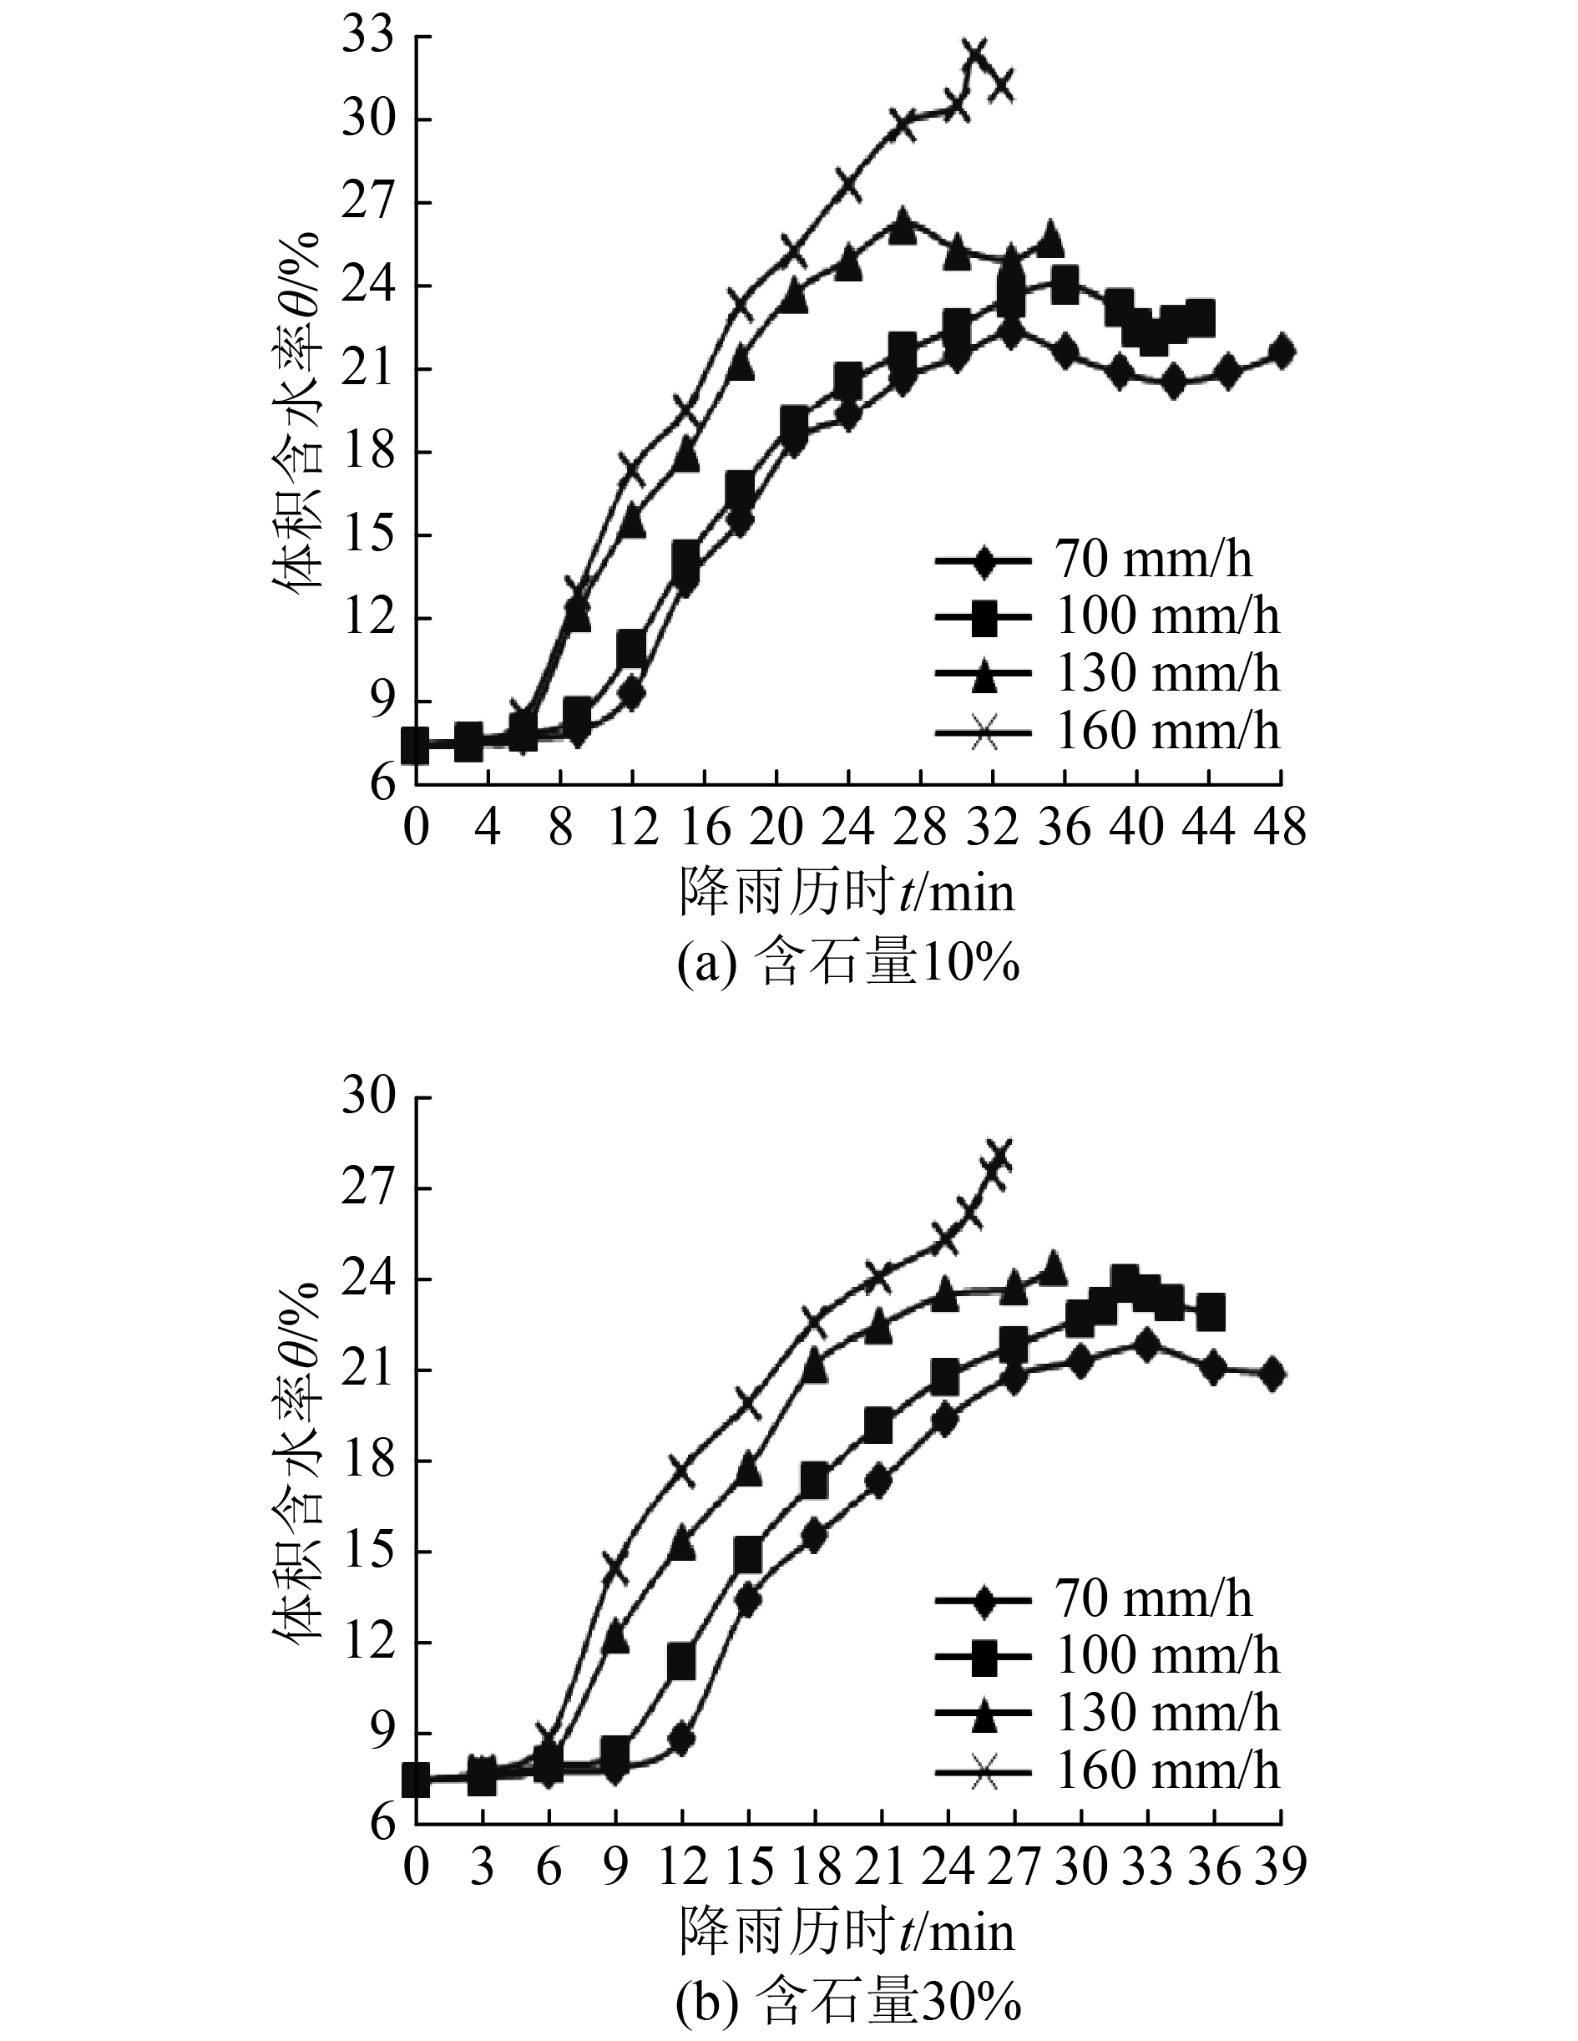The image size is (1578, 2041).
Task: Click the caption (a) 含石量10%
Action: [847, 965]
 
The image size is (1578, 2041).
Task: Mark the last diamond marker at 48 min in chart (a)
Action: [1282, 352]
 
